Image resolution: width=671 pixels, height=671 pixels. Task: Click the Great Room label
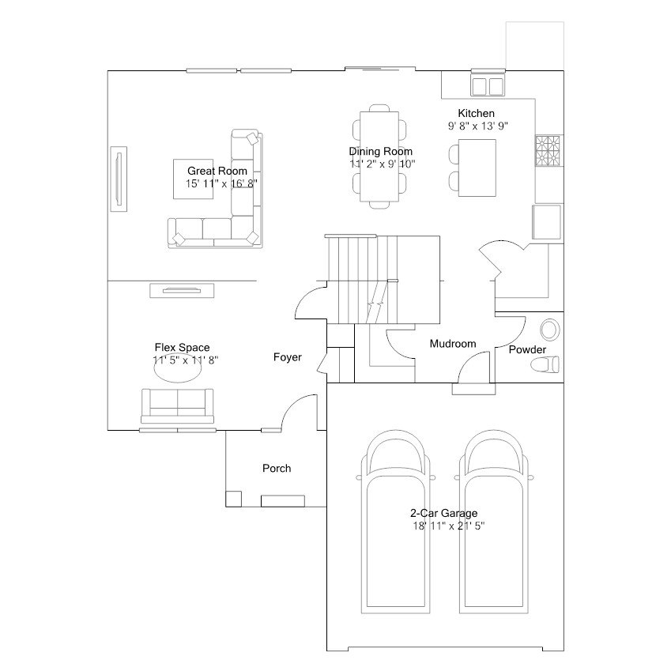(x=217, y=171)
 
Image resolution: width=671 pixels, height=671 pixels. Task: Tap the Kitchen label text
(x=476, y=114)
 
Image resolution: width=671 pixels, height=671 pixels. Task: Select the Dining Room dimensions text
(x=382, y=164)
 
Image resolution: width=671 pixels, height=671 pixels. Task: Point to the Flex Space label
(x=182, y=348)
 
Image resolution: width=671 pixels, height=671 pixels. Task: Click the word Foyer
(x=288, y=358)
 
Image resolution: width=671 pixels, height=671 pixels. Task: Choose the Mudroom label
(x=453, y=344)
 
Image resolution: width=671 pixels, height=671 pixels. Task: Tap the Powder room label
(x=527, y=349)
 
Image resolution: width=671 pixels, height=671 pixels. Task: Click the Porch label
(x=277, y=469)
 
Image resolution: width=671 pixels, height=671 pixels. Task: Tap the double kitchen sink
(x=488, y=85)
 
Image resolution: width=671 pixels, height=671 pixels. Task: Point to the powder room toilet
(x=545, y=364)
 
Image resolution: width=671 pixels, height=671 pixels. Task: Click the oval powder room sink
(x=548, y=330)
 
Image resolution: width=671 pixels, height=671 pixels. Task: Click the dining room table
(x=381, y=156)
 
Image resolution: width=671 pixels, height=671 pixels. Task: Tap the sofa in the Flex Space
(x=178, y=405)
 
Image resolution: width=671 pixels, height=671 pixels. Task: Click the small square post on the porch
(x=234, y=499)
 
